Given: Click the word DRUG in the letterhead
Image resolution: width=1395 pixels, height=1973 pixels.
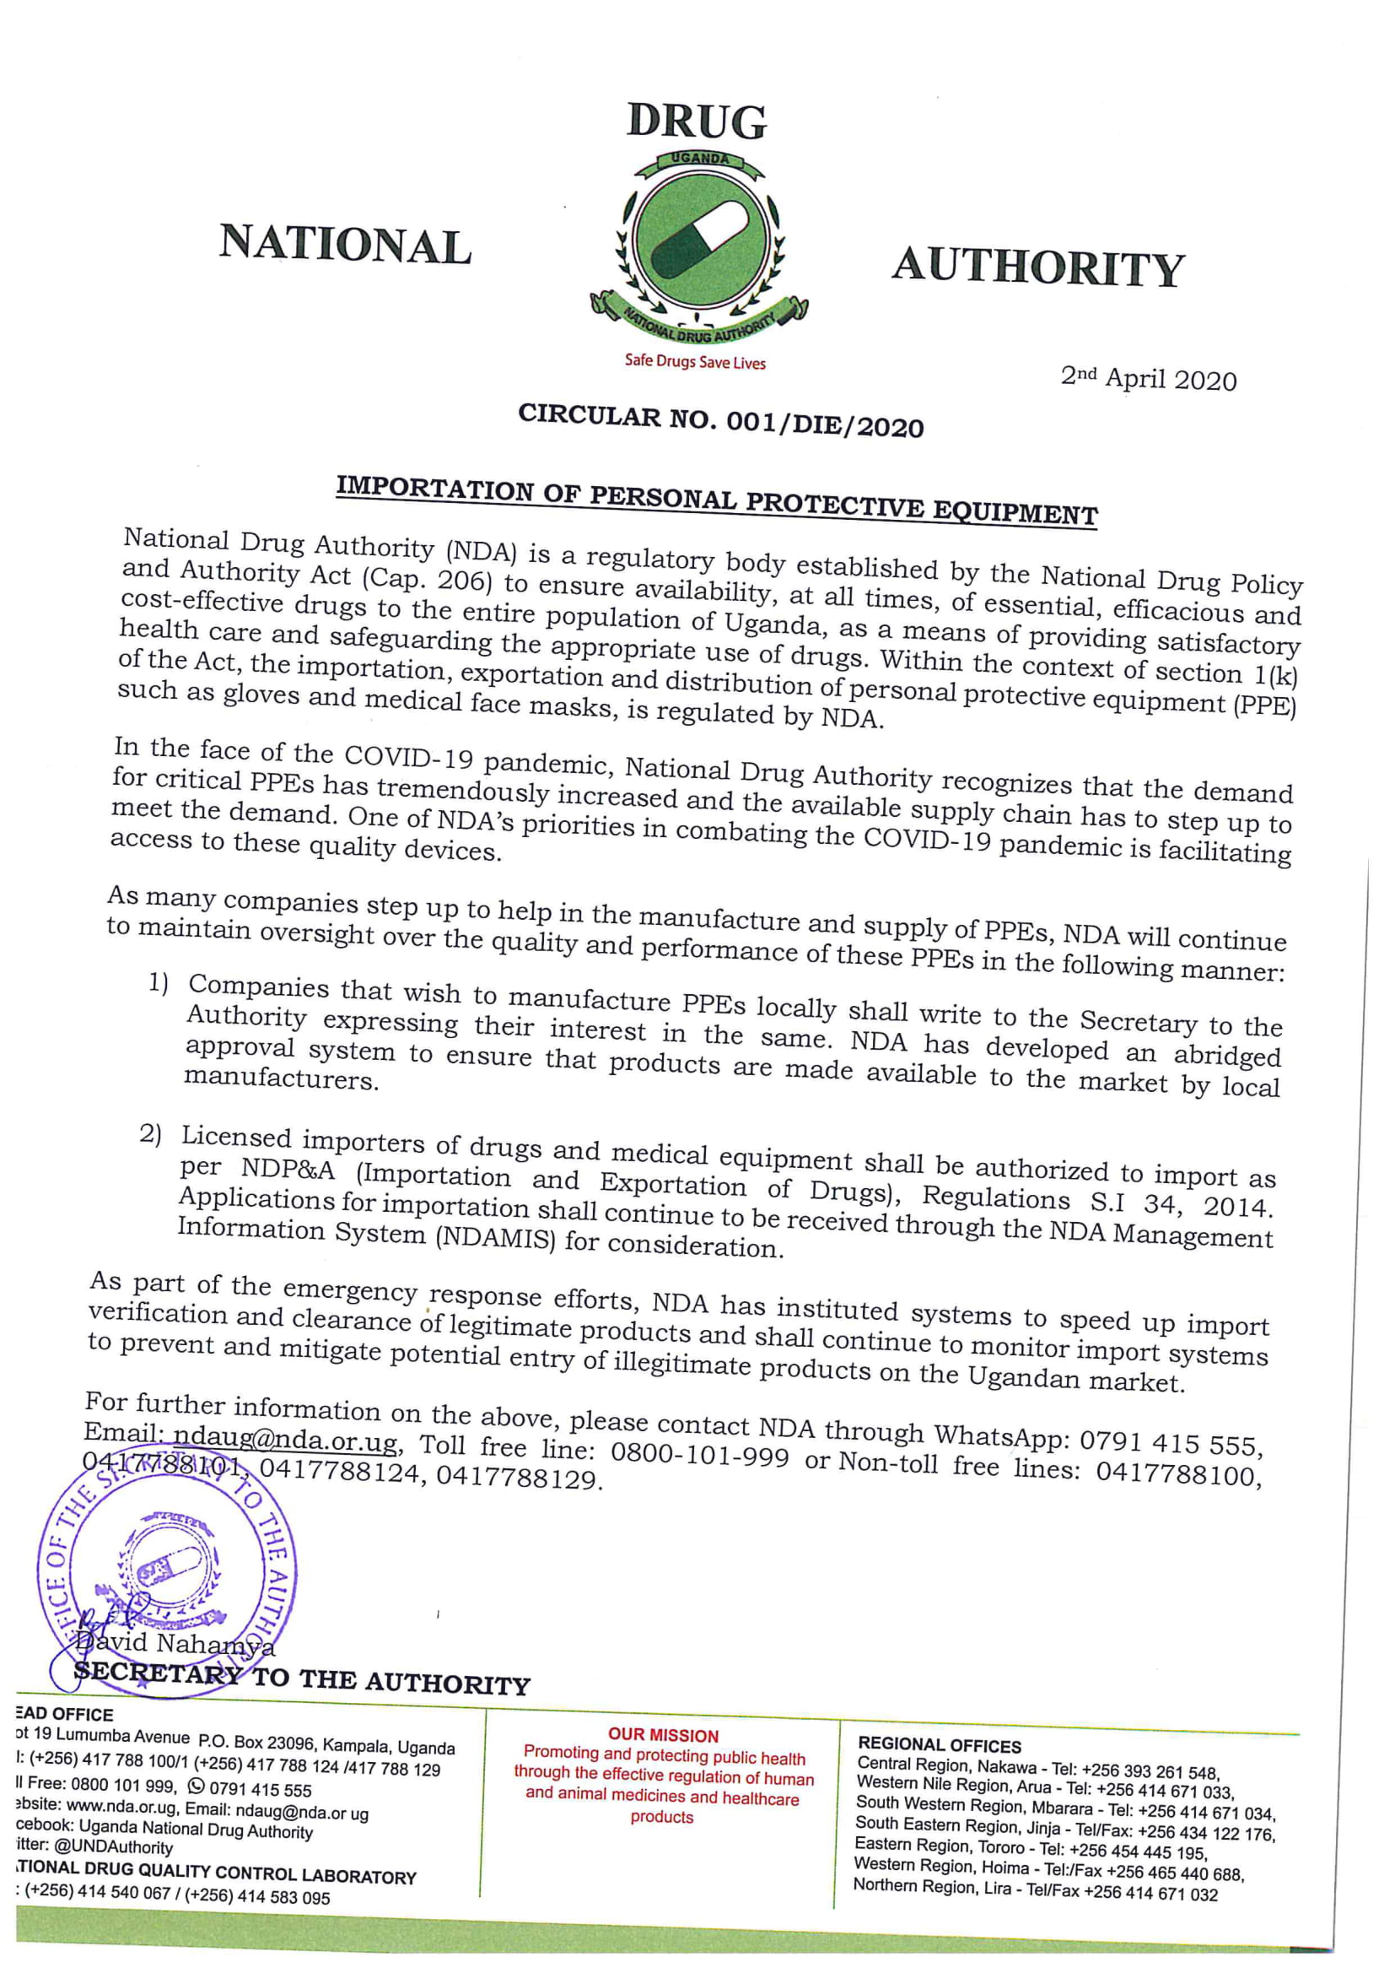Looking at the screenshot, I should (697, 122).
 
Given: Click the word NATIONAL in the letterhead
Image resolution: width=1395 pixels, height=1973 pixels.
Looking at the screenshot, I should (345, 244).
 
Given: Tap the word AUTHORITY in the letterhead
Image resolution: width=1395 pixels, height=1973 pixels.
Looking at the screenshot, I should (1038, 268).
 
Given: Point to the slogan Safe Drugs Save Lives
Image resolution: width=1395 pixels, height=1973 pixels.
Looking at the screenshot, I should (695, 362).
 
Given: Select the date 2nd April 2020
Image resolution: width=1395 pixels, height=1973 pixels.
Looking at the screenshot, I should (1149, 378).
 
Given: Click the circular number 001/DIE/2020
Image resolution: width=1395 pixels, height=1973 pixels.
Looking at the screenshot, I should (825, 424).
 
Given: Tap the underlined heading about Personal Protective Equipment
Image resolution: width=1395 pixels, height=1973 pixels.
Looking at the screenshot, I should (716, 502).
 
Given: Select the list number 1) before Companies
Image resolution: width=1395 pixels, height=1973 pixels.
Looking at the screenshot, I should (159, 983).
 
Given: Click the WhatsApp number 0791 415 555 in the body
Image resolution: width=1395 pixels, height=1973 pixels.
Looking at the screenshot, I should (1171, 1443).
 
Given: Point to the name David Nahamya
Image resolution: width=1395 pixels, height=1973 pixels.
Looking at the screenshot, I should (176, 1644).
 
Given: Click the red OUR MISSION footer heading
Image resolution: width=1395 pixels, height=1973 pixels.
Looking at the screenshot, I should (663, 1735).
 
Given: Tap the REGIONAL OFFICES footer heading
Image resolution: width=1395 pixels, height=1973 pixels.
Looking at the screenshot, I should (940, 1745).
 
